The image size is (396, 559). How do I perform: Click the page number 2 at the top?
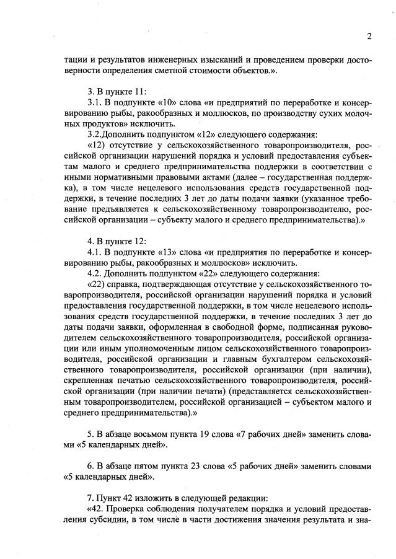coord(369,36)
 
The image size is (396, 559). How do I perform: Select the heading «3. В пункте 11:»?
coord(117,91)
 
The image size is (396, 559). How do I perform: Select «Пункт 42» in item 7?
coord(117,498)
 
